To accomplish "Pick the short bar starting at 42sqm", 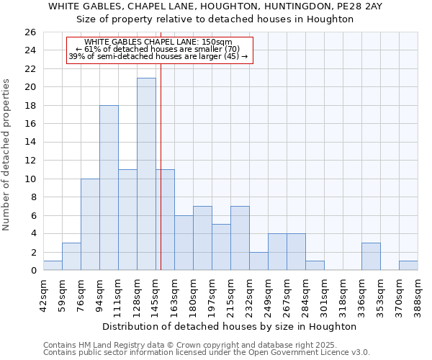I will point(53,266).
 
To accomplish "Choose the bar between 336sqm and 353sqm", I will point(371,256).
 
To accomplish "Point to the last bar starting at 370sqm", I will point(408,266).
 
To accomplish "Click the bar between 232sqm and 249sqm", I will point(258,261).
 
